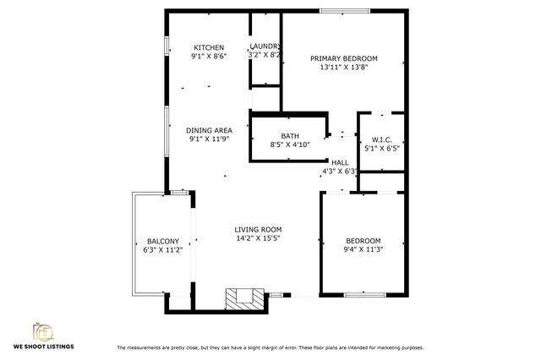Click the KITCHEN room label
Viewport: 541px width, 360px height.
pyautogui.click(x=209, y=47)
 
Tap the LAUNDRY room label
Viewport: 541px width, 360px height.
pyautogui.click(x=265, y=46)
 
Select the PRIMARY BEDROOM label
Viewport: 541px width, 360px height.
pyautogui.click(x=343, y=58)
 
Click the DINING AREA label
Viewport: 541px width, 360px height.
pyautogui.click(x=209, y=130)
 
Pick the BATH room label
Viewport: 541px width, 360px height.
pyautogui.click(x=290, y=135)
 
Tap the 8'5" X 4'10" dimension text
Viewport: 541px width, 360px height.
pyautogui.click(x=290, y=145)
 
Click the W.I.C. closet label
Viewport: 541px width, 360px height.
pyautogui.click(x=381, y=139)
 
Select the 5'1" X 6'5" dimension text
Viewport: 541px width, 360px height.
pyautogui.click(x=381, y=149)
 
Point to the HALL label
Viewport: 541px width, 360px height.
pyautogui.click(x=340, y=162)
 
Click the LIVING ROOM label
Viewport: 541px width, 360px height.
pyautogui.click(x=258, y=229)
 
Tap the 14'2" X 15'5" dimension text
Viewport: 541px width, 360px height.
pyautogui.click(x=258, y=238)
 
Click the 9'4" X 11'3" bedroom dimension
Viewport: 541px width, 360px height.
pyautogui.click(x=363, y=249)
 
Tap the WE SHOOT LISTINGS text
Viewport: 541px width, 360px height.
pyautogui.click(x=43, y=346)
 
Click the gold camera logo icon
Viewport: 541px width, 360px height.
pyautogui.click(x=43, y=330)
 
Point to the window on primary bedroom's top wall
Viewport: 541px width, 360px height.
pyautogui.click(x=343, y=11)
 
